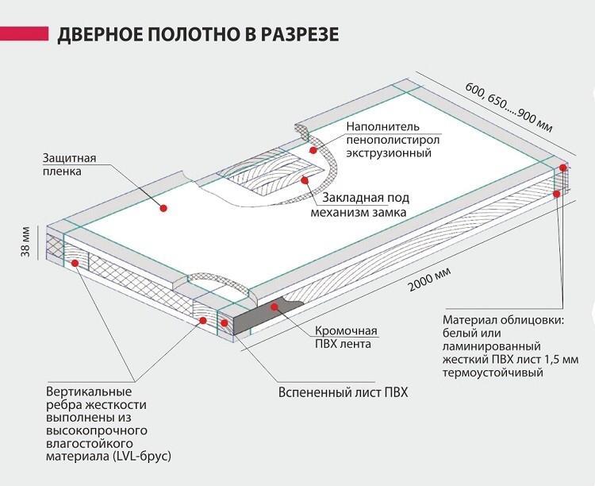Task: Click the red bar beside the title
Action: pyautogui.click(x=22, y=34)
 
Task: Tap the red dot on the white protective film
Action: pyautogui.click(x=163, y=208)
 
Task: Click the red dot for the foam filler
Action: pyautogui.click(x=313, y=149)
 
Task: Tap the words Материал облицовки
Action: pyautogui.click(x=492, y=321)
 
